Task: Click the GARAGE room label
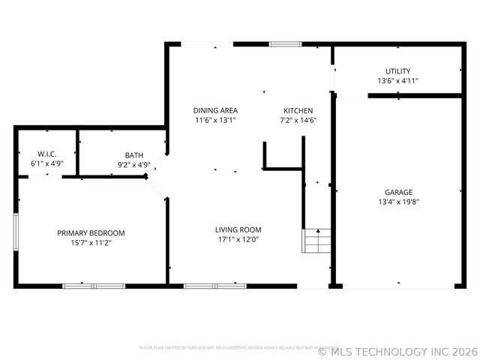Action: (398, 192)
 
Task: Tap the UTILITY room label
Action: (397, 71)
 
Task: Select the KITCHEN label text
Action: (297, 110)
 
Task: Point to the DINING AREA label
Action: (215, 110)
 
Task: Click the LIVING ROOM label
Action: (238, 229)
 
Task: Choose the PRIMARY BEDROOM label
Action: (91, 233)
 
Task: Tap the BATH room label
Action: (134, 155)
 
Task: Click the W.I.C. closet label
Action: (47, 154)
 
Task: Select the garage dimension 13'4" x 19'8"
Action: (398, 202)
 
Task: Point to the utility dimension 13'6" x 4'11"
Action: (397, 81)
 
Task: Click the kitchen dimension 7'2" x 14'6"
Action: (297, 120)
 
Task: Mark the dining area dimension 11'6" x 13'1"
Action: (215, 120)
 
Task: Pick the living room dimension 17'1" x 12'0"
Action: (238, 240)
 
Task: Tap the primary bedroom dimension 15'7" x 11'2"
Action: (91, 243)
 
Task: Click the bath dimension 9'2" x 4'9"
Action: (134, 165)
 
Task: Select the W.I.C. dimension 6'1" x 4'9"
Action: (47, 163)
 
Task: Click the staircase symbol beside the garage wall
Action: (316, 241)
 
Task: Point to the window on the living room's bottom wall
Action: (214, 286)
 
